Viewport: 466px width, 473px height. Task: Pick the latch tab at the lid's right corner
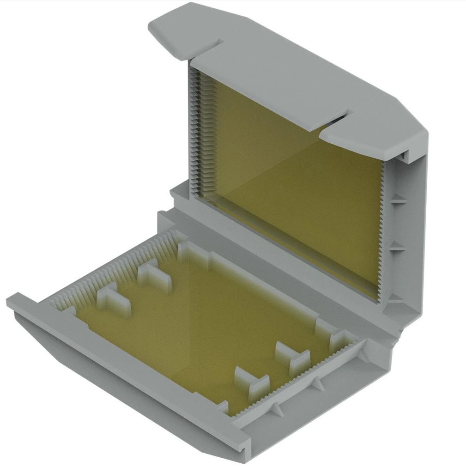(x=374, y=137)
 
